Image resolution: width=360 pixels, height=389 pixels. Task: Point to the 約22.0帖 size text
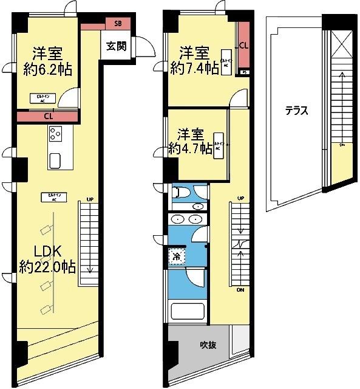pos(47,267)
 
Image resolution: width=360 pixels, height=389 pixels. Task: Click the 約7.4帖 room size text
pos(195,68)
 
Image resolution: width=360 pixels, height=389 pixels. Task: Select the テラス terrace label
pos(297,111)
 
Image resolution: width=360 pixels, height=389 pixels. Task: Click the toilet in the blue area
pos(181,193)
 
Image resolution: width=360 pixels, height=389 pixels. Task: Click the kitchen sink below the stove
pos(55,160)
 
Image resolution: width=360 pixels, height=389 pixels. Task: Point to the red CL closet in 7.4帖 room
pos(243,46)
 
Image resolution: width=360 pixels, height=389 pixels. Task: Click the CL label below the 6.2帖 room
pos(47,117)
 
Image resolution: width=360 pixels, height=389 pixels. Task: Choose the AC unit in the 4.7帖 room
pos(219,145)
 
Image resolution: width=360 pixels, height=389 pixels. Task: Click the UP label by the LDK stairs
pos(89,199)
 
